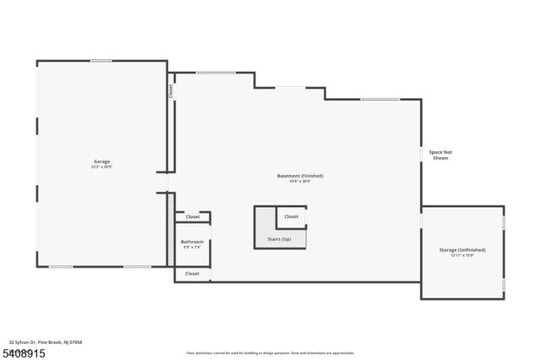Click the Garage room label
point(101,161)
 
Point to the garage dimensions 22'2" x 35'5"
point(101,167)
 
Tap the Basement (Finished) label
point(300,175)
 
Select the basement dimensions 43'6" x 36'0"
point(300,181)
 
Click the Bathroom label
point(192,242)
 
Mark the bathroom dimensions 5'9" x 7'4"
point(192,248)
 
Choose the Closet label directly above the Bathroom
point(192,217)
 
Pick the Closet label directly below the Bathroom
point(192,274)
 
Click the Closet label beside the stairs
point(291,216)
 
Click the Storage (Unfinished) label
point(462,250)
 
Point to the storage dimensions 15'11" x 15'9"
point(462,256)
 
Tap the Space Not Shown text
point(440,155)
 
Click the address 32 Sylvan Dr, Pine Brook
point(46,342)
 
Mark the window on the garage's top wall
point(101,60)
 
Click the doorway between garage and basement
point(167,183)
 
